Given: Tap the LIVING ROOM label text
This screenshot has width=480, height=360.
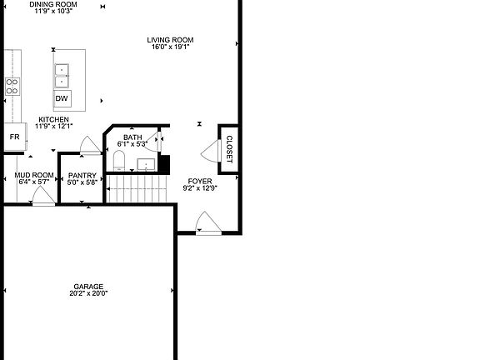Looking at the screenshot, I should point(170,40).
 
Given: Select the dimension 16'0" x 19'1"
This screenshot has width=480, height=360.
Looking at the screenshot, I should point(170,47).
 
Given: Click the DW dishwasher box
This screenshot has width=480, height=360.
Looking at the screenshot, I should point(62,98).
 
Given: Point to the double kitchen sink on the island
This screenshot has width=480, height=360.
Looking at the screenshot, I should point(62,75).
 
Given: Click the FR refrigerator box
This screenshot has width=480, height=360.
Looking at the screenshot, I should point(14,136).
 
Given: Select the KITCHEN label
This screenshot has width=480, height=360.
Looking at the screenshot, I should point(54,119).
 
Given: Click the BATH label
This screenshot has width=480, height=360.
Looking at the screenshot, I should point(132,137).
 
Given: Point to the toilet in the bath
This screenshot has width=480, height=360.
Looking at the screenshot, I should point(118,160).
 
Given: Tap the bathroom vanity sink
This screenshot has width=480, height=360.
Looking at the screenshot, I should point(146,163).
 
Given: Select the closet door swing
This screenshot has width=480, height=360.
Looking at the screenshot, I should point(210,150).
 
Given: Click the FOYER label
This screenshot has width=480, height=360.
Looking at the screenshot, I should point(199,181).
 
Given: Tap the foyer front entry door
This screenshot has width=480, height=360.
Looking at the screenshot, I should point(206,222).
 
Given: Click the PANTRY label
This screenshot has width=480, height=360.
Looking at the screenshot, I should point(82,176).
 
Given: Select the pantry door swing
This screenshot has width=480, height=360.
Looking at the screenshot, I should point(87,147).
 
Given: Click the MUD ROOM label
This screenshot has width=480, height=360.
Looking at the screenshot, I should point(34,176).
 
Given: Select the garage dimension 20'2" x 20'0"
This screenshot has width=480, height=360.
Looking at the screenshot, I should point(89,293).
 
